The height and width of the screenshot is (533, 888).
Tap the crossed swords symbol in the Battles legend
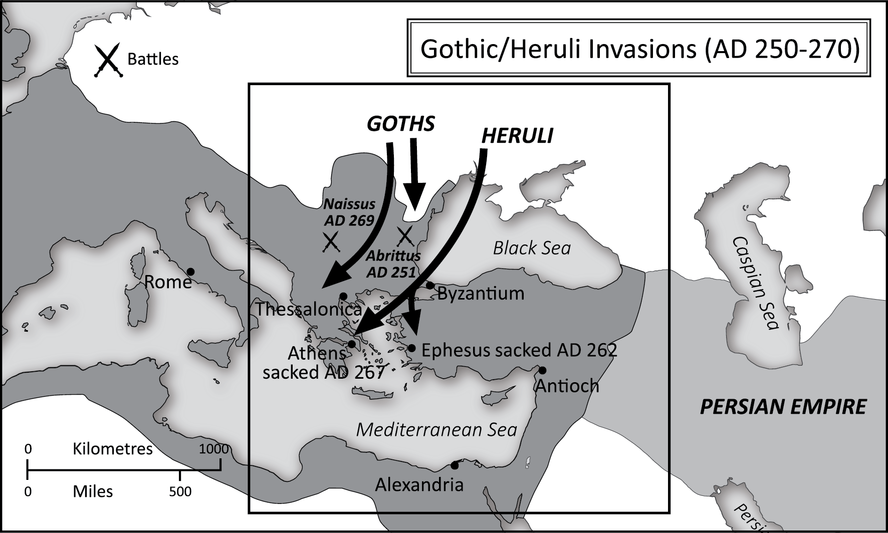pyautogui.click(x=107, y=60)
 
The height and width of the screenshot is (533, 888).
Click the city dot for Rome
pyautogui.click(x=190, y=272)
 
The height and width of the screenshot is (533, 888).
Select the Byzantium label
pyautogui.click(x=481, y=294)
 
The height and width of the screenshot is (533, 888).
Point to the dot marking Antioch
pyautogui.click(x=542, y=371)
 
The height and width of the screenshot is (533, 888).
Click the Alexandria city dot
pyautogui.click(x=455, y=465)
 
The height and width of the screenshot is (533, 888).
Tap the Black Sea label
pyautogui.click(x=532, y=248)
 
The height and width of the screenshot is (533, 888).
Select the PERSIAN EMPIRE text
pyautogui.click(x=782, y=407)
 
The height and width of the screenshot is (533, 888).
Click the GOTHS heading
pyautogui.click(x=400, y=124)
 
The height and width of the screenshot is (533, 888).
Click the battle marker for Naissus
pyautogui.click(x=331, y=241)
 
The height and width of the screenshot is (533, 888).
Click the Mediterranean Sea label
pyautogui.click(x=436, y=430)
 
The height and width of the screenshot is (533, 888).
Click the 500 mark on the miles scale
pyautogui.click(x=180, y=492)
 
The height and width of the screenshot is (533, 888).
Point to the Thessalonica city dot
pyautogui.click(x=343, y=296)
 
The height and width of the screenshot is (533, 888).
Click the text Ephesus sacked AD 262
pyautogui.click(x=519, y=350)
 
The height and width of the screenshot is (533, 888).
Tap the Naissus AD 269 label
pyautogui.click(x=349, y=212)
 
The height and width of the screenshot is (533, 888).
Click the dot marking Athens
pyautogui.click(x=352, y=344)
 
